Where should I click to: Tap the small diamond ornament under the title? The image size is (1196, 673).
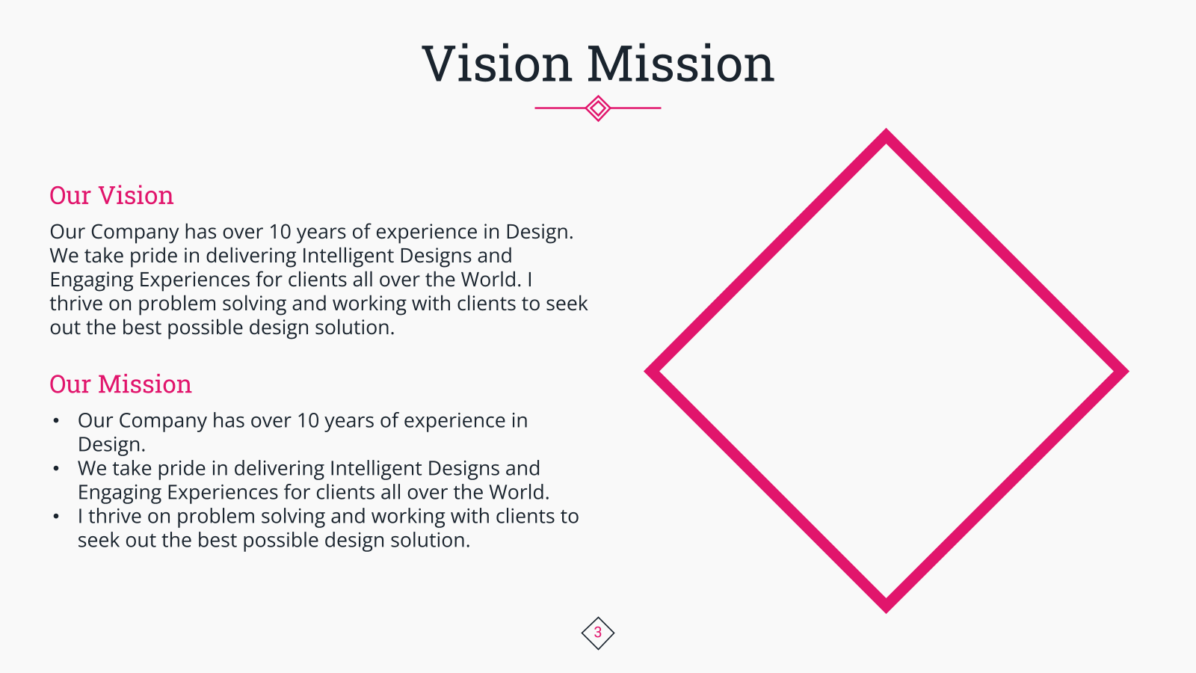coord(598,108)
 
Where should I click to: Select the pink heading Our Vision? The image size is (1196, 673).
coord(111,195)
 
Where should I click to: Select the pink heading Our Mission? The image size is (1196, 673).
coord(120,384)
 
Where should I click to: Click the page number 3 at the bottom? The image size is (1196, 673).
coord(598,633)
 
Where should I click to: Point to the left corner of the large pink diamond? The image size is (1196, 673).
coord(645,371)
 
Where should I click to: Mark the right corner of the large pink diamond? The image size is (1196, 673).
coord(1128,371)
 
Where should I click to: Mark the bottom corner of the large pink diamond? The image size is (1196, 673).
coord(887,612)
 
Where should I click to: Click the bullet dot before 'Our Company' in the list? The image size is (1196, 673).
coord(56,421)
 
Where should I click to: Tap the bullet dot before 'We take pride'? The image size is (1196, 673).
coord(56,469)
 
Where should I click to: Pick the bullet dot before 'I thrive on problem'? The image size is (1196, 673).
coord(56,517)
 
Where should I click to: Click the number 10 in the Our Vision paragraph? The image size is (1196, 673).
coord(280,232)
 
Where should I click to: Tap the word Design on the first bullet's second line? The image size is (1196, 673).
coord(111,444)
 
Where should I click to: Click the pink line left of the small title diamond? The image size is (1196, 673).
coord(560,108)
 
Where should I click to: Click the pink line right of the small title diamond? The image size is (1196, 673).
coord(636,108)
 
